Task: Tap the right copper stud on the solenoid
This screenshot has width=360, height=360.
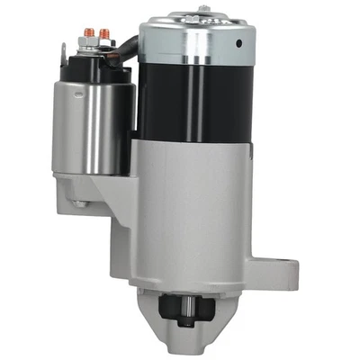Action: coord(106,34)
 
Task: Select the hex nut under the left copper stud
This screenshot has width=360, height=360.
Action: coord(91,42)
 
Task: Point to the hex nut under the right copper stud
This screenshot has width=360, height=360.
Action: coord(106,42)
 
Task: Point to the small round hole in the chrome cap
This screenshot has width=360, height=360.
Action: coord(240,42)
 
